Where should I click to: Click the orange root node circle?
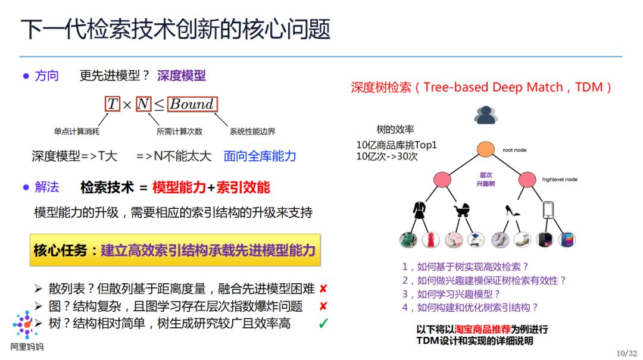point(486,150)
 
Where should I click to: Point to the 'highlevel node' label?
point(560,179)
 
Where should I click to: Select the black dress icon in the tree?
point(419,210)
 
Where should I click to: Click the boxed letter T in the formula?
point(113,104)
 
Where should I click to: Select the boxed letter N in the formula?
point(143,104)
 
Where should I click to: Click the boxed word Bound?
point(192,104)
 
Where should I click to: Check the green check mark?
point(323,324)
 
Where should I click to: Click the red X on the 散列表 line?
point(323,289)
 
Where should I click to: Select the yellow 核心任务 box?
point(175,250)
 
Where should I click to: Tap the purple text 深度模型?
point(182,76)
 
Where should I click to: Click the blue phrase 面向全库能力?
point(260,156)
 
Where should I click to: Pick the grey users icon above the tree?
point(486,114)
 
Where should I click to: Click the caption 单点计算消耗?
point(76,132)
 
